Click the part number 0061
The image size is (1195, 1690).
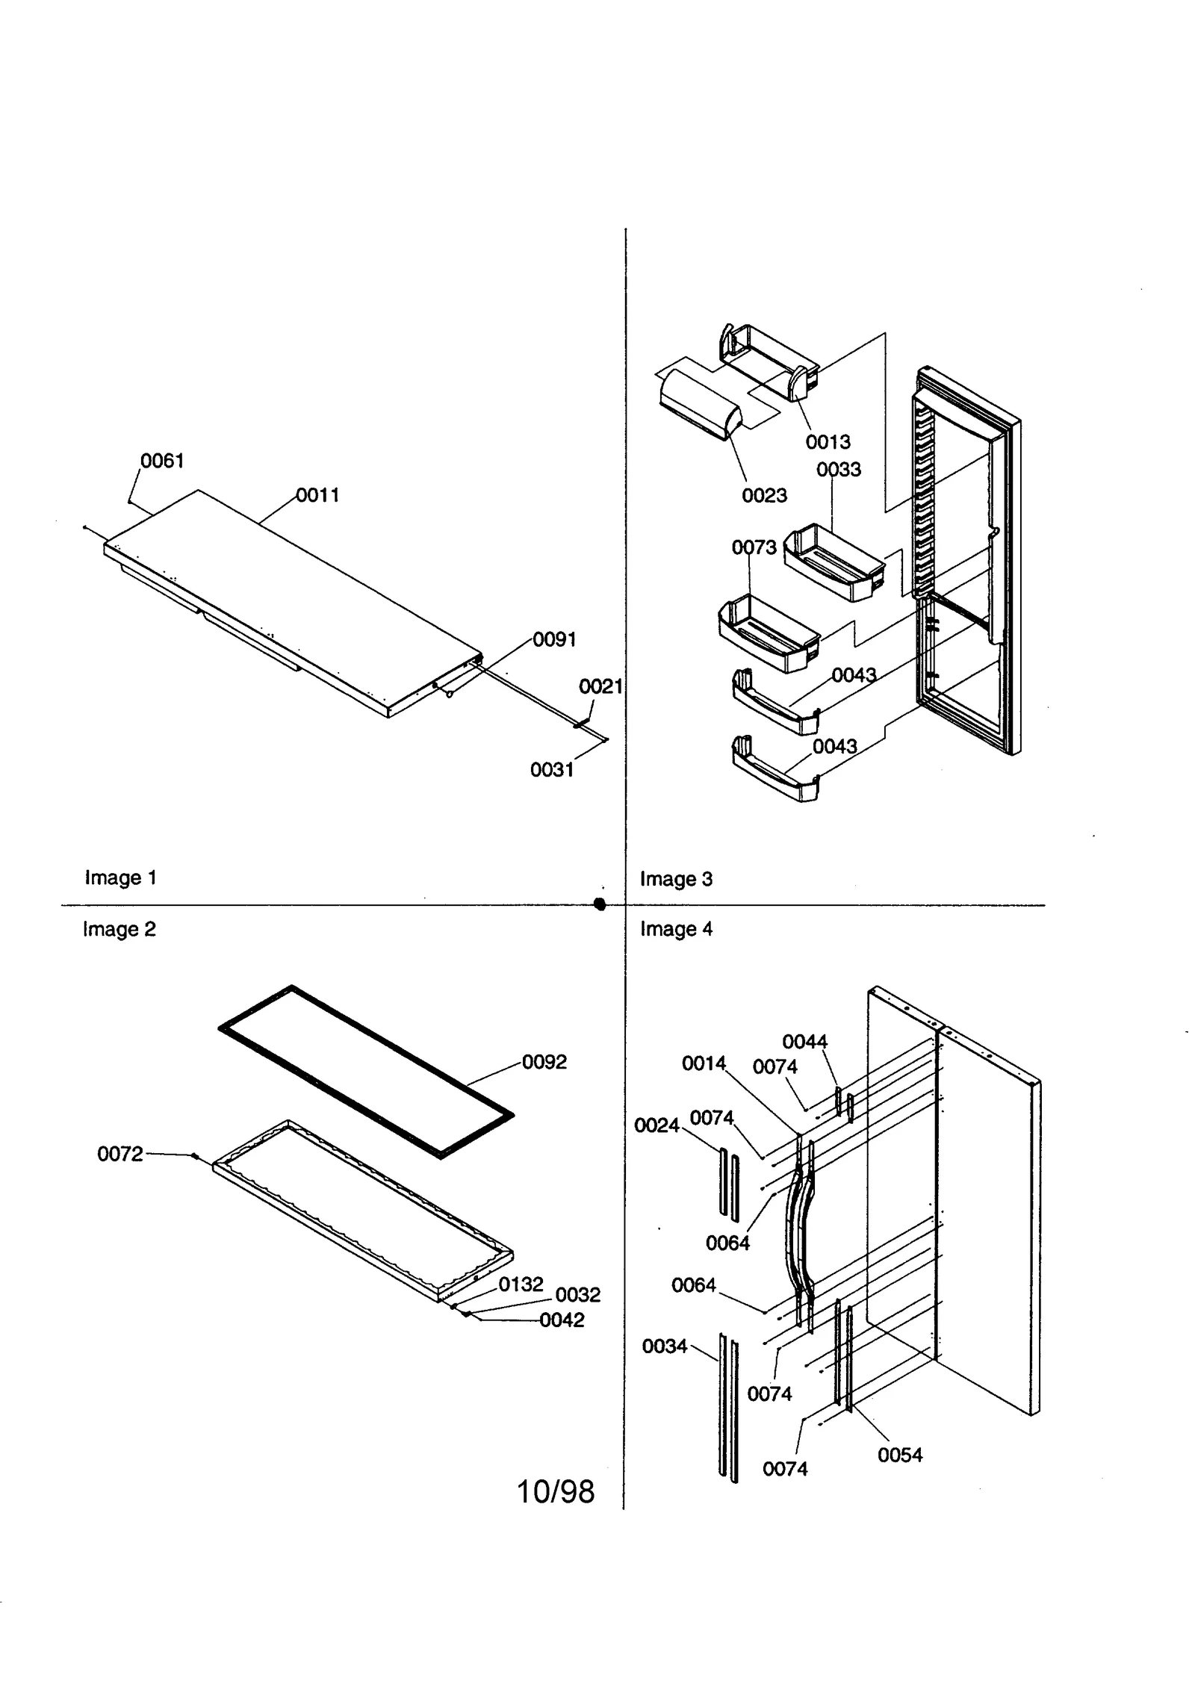[x=162, y=461]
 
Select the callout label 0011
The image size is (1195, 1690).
[x=317, y=495]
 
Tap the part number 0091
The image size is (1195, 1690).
[x=554, y=640]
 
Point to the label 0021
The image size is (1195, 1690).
[x=600, y=686]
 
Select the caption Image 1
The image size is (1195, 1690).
[x=120, y=877]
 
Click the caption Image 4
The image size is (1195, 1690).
[x=676, y=929]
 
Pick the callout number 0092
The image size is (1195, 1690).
[x=544, y=1062]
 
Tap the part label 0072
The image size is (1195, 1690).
[x=119, y=1155]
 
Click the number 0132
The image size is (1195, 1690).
[x=521, y=1284]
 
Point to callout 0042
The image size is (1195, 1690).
[x=562, y=1320]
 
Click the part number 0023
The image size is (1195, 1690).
[x=764, y=495]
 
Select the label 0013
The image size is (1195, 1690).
[x=828, y=442]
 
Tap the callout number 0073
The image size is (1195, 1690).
[x=754, y=547]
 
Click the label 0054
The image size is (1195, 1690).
[x=900, y=1455]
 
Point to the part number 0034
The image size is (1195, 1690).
[x=664, y=1346]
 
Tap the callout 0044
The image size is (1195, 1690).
[x=804, y=1042]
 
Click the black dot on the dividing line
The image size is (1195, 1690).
[x=599, y=904]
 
